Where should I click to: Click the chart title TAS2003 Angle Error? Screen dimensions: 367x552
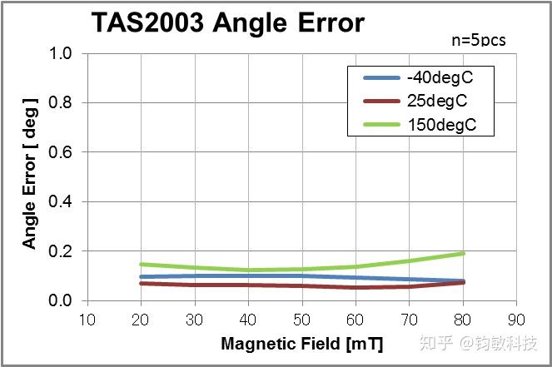tap(226, 22)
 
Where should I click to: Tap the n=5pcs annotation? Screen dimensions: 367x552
tap(478, 39)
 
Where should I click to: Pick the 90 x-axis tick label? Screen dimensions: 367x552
tap(516, 319)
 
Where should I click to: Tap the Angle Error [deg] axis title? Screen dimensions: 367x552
tap(30, 172)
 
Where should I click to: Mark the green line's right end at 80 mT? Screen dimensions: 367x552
tap(463, 253)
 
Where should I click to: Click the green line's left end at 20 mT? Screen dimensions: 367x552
tap(142, 264)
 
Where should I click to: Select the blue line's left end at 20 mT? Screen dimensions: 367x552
tap(142, 276)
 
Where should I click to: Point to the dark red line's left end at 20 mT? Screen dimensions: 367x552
tap(142, 283)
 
